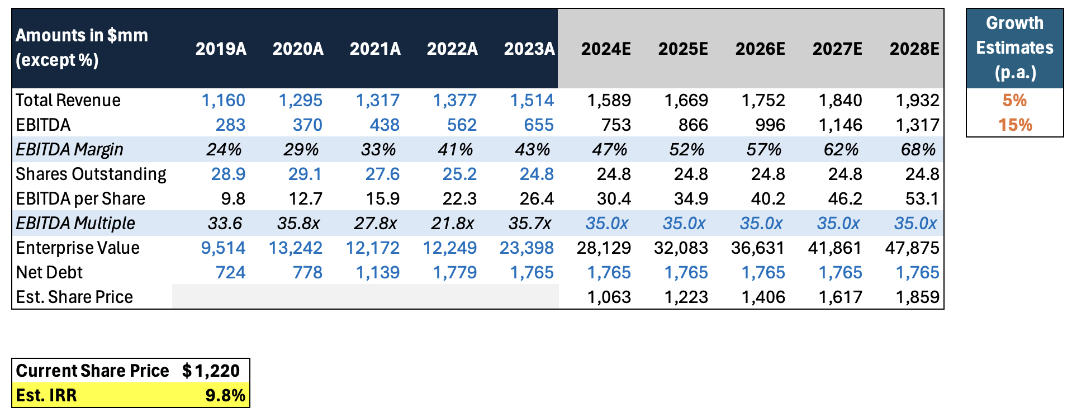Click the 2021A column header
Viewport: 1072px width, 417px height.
(x=375, y=49)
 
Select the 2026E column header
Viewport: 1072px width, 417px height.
(x=760, y=49)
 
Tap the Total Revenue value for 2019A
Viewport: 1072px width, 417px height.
(x=223, y=101)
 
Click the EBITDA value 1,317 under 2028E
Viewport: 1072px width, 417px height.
(x=917, y=125)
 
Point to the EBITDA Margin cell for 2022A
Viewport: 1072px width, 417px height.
(x=456, y=150)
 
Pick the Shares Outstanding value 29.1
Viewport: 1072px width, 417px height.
(x=305, y=174)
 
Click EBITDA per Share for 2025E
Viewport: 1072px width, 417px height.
(x=692, y=199)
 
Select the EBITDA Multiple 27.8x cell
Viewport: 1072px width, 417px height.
(x=375, y=224)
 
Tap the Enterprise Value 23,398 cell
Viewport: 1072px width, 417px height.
(x=526, y=248)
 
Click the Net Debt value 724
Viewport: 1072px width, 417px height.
(x=230, y=273)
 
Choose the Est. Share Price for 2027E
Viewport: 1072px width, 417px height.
(x=840, y=297)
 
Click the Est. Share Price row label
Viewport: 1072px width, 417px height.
(x=74, y=297)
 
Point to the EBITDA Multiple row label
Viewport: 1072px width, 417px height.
(x=75, y=224)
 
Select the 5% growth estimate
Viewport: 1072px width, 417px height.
(x=1014, y=101)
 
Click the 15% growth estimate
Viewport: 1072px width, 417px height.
(x=1015, y=125)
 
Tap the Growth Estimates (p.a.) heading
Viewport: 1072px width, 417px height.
(x=1014, y=48)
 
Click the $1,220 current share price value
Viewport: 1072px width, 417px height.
(x=211, y=371)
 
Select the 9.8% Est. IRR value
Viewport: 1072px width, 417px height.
(x=225, y=396)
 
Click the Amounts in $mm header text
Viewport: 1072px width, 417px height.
(x=82, y=48)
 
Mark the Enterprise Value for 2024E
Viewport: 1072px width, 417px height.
(x=604, y=248)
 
